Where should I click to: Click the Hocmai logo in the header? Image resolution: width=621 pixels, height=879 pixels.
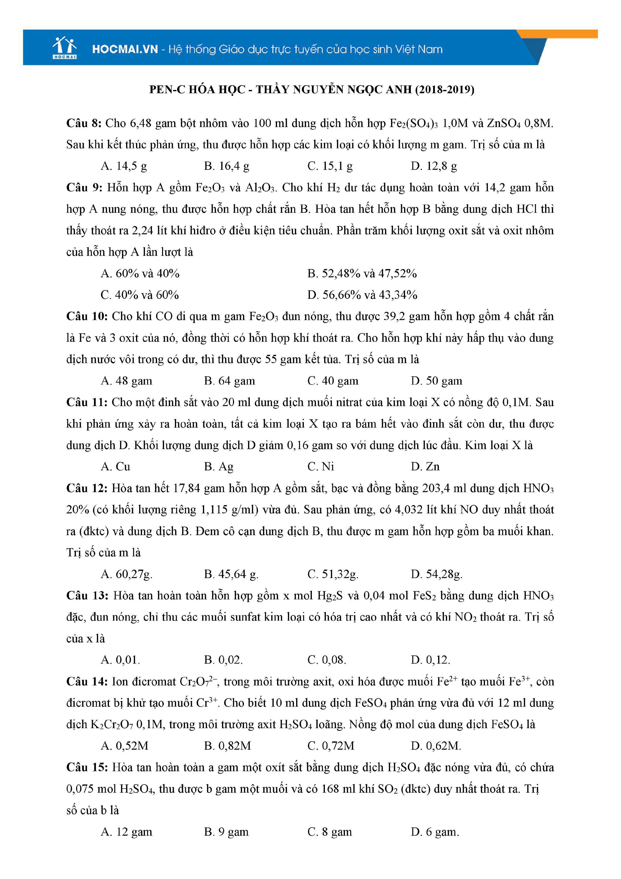pyautogui.click(x=65, y=48)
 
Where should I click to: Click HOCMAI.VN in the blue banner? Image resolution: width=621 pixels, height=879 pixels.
pyautogui.click(x=125, y=49)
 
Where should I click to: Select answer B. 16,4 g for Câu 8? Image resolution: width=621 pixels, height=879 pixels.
pyautogui.click(x=226, y=166)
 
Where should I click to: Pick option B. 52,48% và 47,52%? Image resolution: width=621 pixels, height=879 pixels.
pyautogui.click(x=361, y=273)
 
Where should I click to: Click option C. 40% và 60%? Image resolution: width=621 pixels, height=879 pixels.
pyautogui.click(x=140, y=295)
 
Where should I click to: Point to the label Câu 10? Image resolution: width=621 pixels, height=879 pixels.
pyautogui.click(x=87, y=316)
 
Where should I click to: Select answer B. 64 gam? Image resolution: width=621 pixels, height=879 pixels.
pyautogui.click(x=229, y=381)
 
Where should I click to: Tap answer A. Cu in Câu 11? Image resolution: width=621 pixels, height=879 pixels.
pyautogui.click(x=115, y=467)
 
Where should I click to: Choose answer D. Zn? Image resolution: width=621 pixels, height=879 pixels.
pyautogui.click(x=425, y=467)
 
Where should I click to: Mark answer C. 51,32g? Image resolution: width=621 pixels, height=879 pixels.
pyautogui.click(x=332, y=574)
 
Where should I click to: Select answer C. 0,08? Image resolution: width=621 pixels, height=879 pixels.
pyautogui.click(x=326, y=660)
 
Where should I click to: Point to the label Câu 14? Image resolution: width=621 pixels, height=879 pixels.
pyautogui.click(x=87, y=682)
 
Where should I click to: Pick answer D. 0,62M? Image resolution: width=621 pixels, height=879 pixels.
pyautogui.click(x=436, y=746)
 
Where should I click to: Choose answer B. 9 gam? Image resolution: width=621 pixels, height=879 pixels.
pyautogui.click(x=226, y=832)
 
